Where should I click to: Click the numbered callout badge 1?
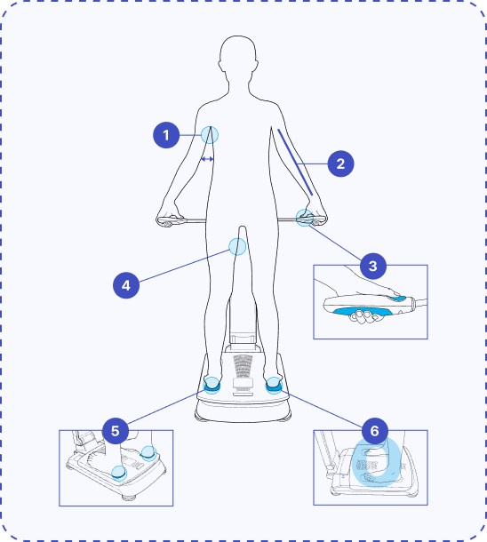click(x=166, y=135)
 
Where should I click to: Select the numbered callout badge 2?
click(x=340, y=163)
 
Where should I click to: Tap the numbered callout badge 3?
click(x=373, y=267)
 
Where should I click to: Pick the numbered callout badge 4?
click(x=126, y=285)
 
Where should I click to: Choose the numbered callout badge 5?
click(x=116, y=431)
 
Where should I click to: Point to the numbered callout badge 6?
click(x=375, y=431)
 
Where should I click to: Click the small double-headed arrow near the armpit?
click(x=207, y=159)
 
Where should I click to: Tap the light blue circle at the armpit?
click(x=210, y=135)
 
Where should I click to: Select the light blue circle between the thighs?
click(x=237, y=246)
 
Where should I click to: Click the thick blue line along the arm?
click(x=295, y=162)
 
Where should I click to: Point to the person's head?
click(x=238, y=55)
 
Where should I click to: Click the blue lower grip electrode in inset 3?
click(x=363, y=311)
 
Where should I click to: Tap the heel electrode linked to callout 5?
click(x=212, y=386)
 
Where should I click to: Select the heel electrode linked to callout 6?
click(x=274, y=386)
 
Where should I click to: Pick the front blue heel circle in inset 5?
click(x=119, y=474)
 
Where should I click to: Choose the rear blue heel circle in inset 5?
click(x=149, y=453)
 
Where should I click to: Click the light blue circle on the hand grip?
click(x=305, y=218)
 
